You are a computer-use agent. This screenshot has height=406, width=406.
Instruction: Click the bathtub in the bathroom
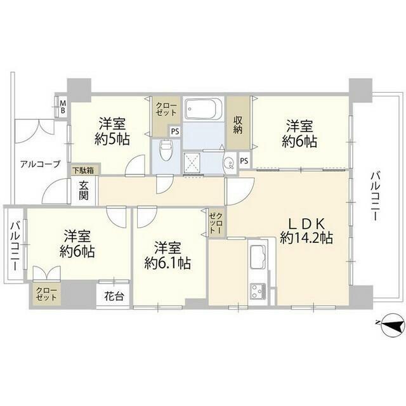click(203, 108)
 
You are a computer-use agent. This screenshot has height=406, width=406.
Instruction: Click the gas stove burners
click(258, 291)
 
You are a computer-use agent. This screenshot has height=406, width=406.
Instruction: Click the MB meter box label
click(63, 107)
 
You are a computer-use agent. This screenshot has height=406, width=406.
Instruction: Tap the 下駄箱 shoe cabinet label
click(82, 171)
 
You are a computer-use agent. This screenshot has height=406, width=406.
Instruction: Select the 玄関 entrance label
click(84, 190)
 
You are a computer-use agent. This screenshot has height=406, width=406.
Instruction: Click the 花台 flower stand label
click(114, 296)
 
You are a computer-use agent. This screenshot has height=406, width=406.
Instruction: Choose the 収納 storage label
click(238, 125)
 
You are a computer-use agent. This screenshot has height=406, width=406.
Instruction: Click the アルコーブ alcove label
click(40, 164)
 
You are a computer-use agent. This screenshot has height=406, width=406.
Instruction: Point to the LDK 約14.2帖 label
click(306, 231)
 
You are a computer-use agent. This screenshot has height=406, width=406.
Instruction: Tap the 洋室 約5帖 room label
click(112, 132)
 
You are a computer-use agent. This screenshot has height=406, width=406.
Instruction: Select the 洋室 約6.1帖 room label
click(167, 255)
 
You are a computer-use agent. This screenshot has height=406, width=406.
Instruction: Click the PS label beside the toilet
click(175, 131)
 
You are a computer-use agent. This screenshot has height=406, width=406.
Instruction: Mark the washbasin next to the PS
click(229, 162)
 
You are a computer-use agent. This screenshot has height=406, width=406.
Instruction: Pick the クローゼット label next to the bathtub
click(166, 109)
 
